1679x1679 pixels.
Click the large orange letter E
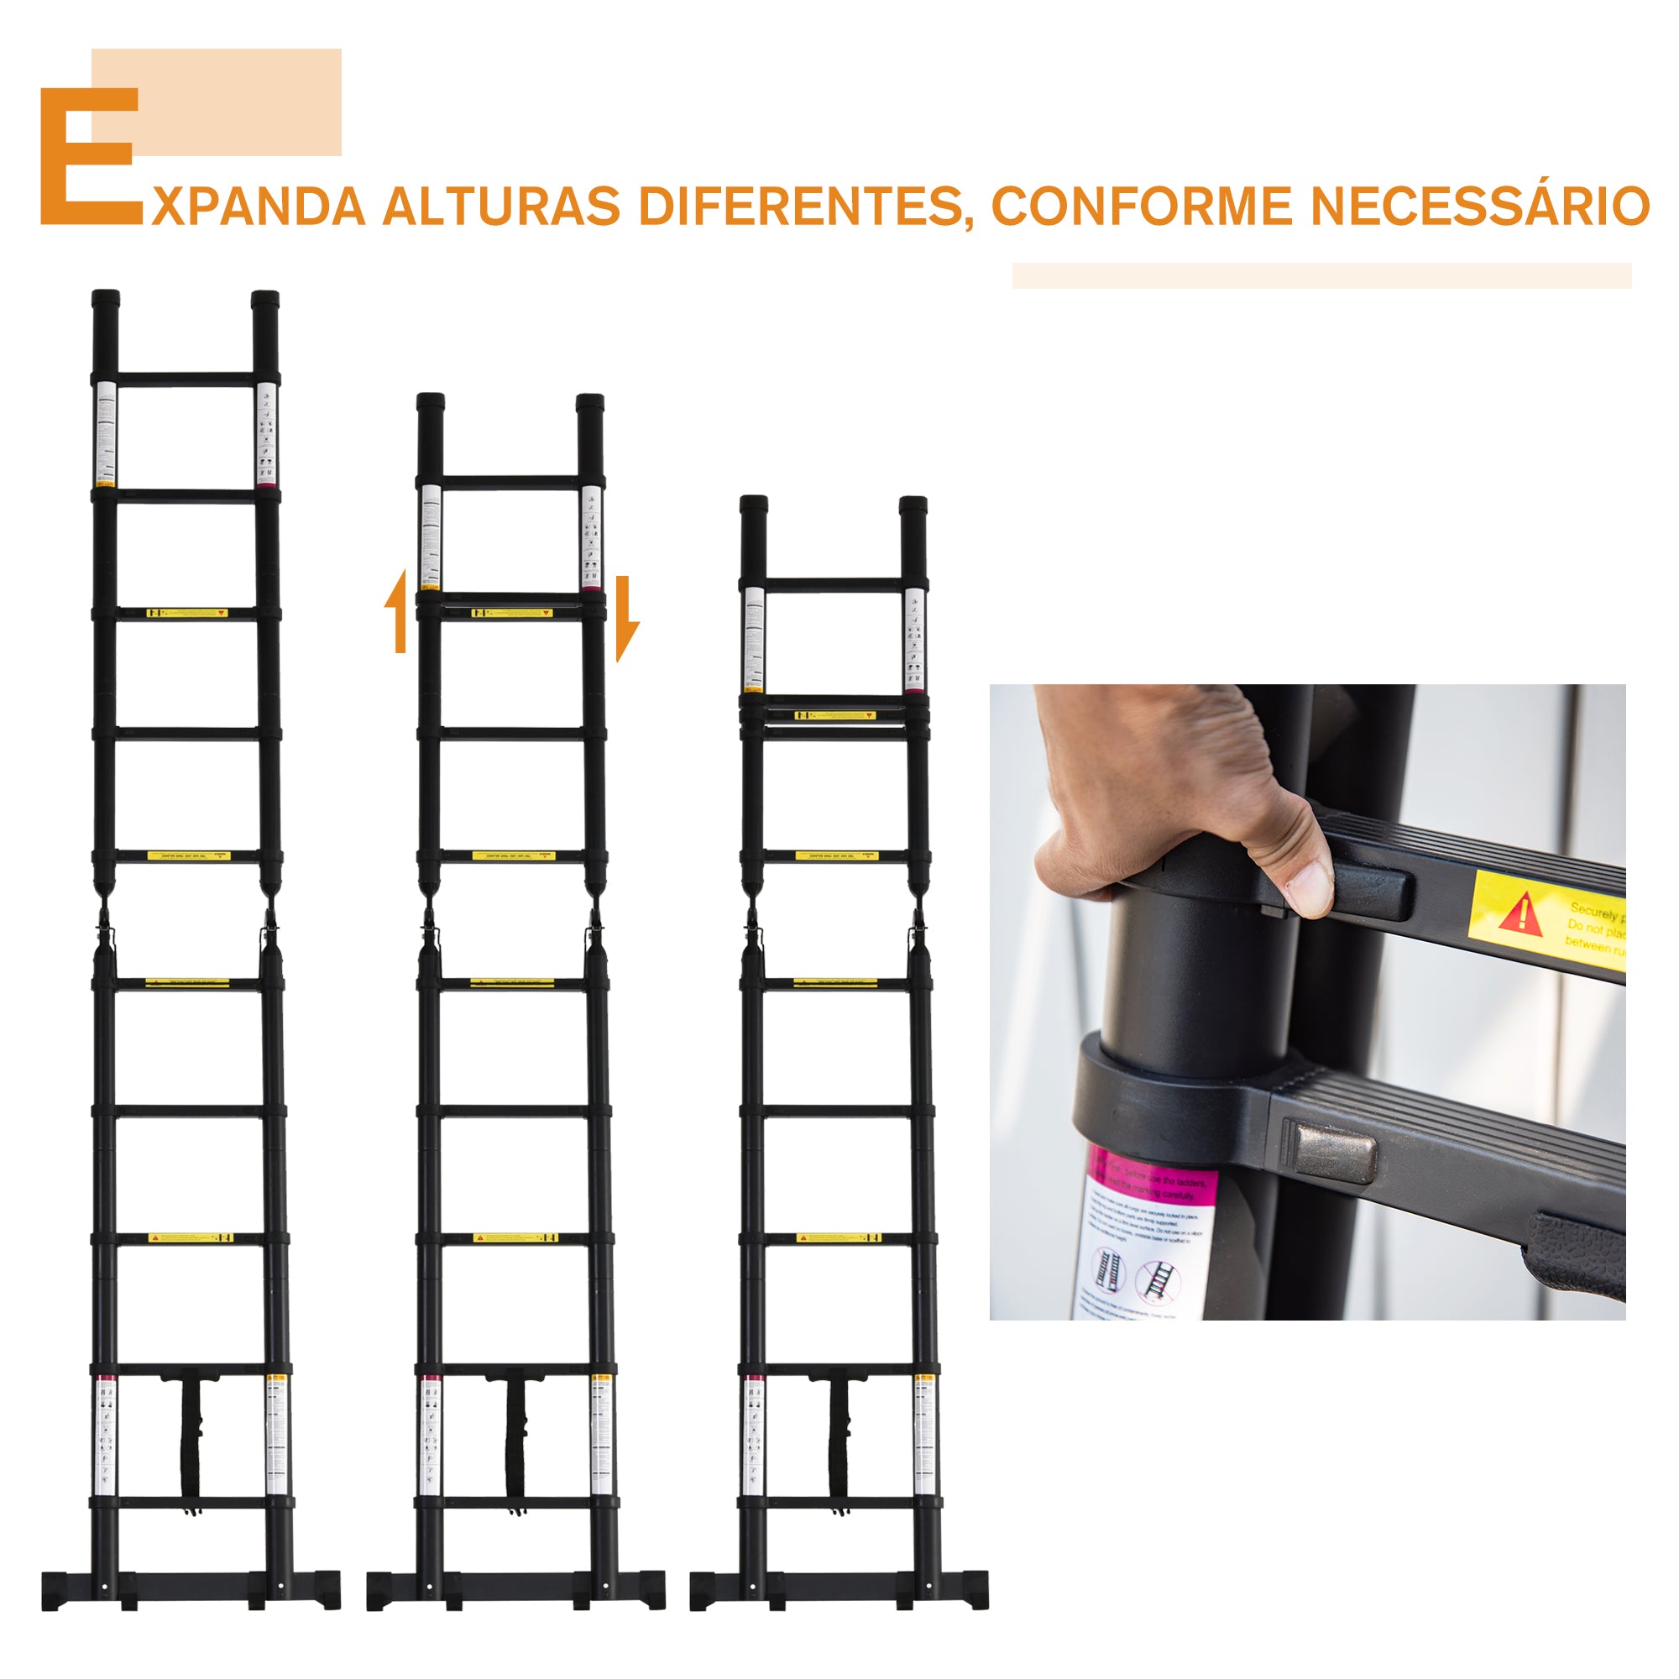(87, 156)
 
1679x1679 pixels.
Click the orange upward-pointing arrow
(398, 613)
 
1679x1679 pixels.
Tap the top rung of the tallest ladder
(186, 379)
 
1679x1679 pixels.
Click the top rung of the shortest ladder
(834, 585)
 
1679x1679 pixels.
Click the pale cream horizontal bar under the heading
(1321, 275)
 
